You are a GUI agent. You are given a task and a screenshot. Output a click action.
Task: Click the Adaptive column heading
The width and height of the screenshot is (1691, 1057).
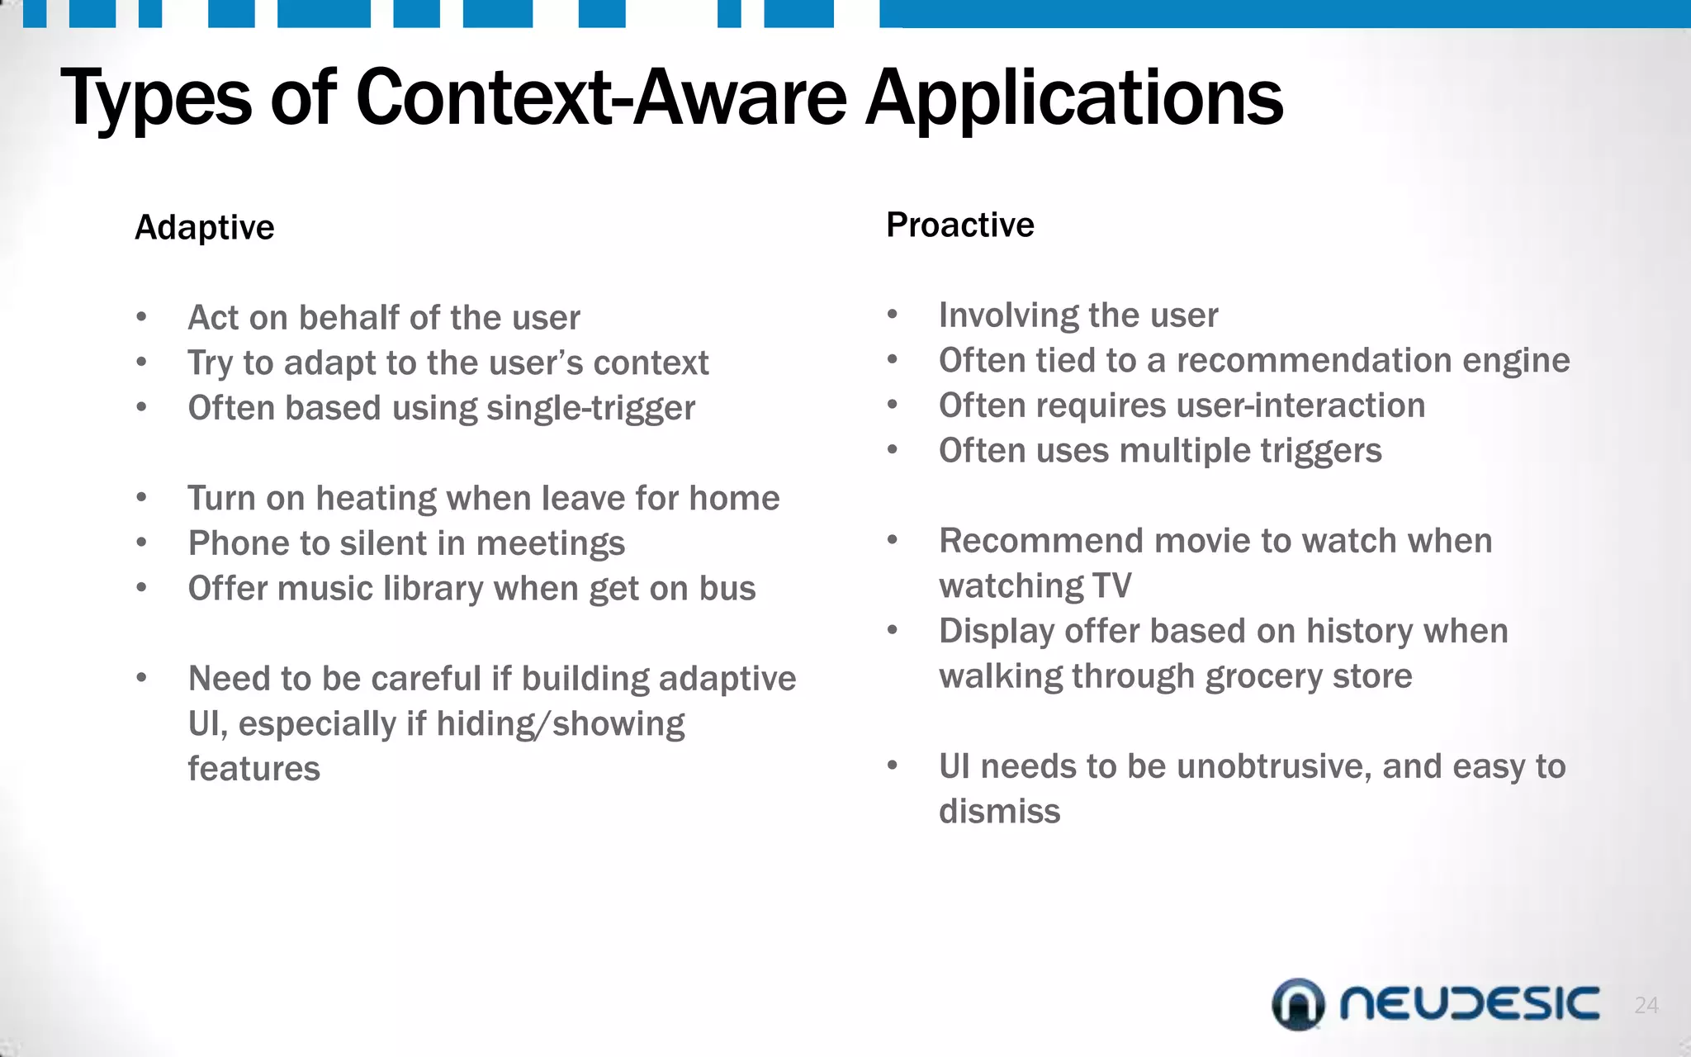[204, 227]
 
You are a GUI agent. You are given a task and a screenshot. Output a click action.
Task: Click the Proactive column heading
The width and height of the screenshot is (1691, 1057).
[959, 225]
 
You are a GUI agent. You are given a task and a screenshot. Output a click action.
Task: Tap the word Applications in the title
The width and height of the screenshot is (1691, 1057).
[1073, 99]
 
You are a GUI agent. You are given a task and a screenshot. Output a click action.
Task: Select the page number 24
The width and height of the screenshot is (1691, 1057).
[1646, 1005]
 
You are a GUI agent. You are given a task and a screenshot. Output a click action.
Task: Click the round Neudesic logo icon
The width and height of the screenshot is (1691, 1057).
[1298, 1004]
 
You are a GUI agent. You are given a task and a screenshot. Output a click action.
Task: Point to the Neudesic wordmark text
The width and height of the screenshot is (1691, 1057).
[1470, 1003]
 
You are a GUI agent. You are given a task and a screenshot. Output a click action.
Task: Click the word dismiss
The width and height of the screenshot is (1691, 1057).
[999, 812]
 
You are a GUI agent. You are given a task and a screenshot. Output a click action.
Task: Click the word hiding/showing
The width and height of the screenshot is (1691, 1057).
[560, 724]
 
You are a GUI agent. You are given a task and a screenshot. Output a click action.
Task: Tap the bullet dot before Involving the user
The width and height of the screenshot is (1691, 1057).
[892, 315]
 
